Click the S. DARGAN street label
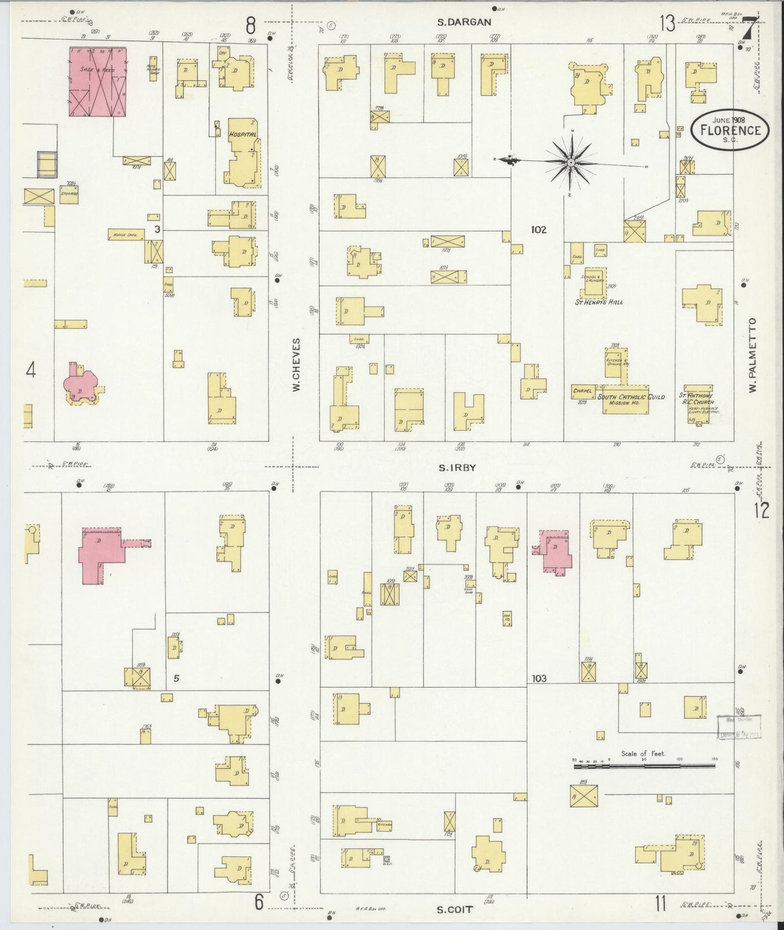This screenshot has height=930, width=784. tap(464, 22)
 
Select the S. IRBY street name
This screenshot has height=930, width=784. tap(457, 467)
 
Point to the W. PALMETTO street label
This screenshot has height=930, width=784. tap(753, 356)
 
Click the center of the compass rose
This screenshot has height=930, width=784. tap(571, 162)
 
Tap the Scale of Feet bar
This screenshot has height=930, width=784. tap(644, 766)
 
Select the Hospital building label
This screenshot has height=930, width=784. tap(242, 134)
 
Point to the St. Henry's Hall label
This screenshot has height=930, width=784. tap(598, 302)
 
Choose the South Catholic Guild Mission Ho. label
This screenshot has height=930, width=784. tap(631, 400)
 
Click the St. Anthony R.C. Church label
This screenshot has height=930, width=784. tap(697, 399)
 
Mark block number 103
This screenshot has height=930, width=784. tap(539, 678)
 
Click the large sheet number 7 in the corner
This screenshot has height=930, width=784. tap(749, 28)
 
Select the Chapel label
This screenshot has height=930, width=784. tap(582, 390)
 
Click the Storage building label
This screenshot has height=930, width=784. tap(69, 194)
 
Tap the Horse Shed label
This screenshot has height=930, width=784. tap(125, 235)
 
